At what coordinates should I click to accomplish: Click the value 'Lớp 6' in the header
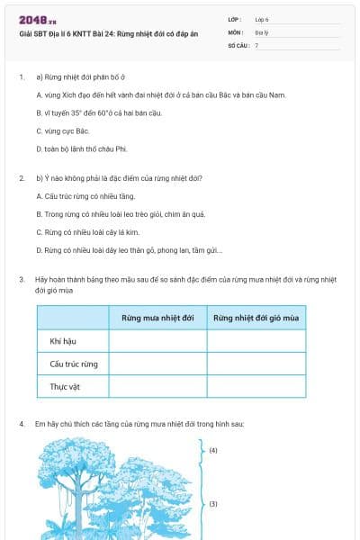tap(262, 18)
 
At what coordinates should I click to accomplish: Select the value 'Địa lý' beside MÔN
tap(262, 31)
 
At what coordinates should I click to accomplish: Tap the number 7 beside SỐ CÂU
tap(256, 44)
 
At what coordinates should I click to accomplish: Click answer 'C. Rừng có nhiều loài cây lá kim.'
tap(83, 232)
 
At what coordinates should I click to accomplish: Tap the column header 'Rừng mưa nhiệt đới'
tap(157, 319)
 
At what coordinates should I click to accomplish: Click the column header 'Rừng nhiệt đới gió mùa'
tap(256, 319)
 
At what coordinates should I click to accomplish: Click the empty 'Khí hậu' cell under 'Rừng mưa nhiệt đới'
tap(157, 341)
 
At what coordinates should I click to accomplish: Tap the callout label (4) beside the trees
tap(213, 448)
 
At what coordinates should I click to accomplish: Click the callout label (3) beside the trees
tap(213, 504)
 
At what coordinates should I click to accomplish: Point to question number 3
tap(22, 280)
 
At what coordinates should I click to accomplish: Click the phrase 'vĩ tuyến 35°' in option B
tap(65, 113)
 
